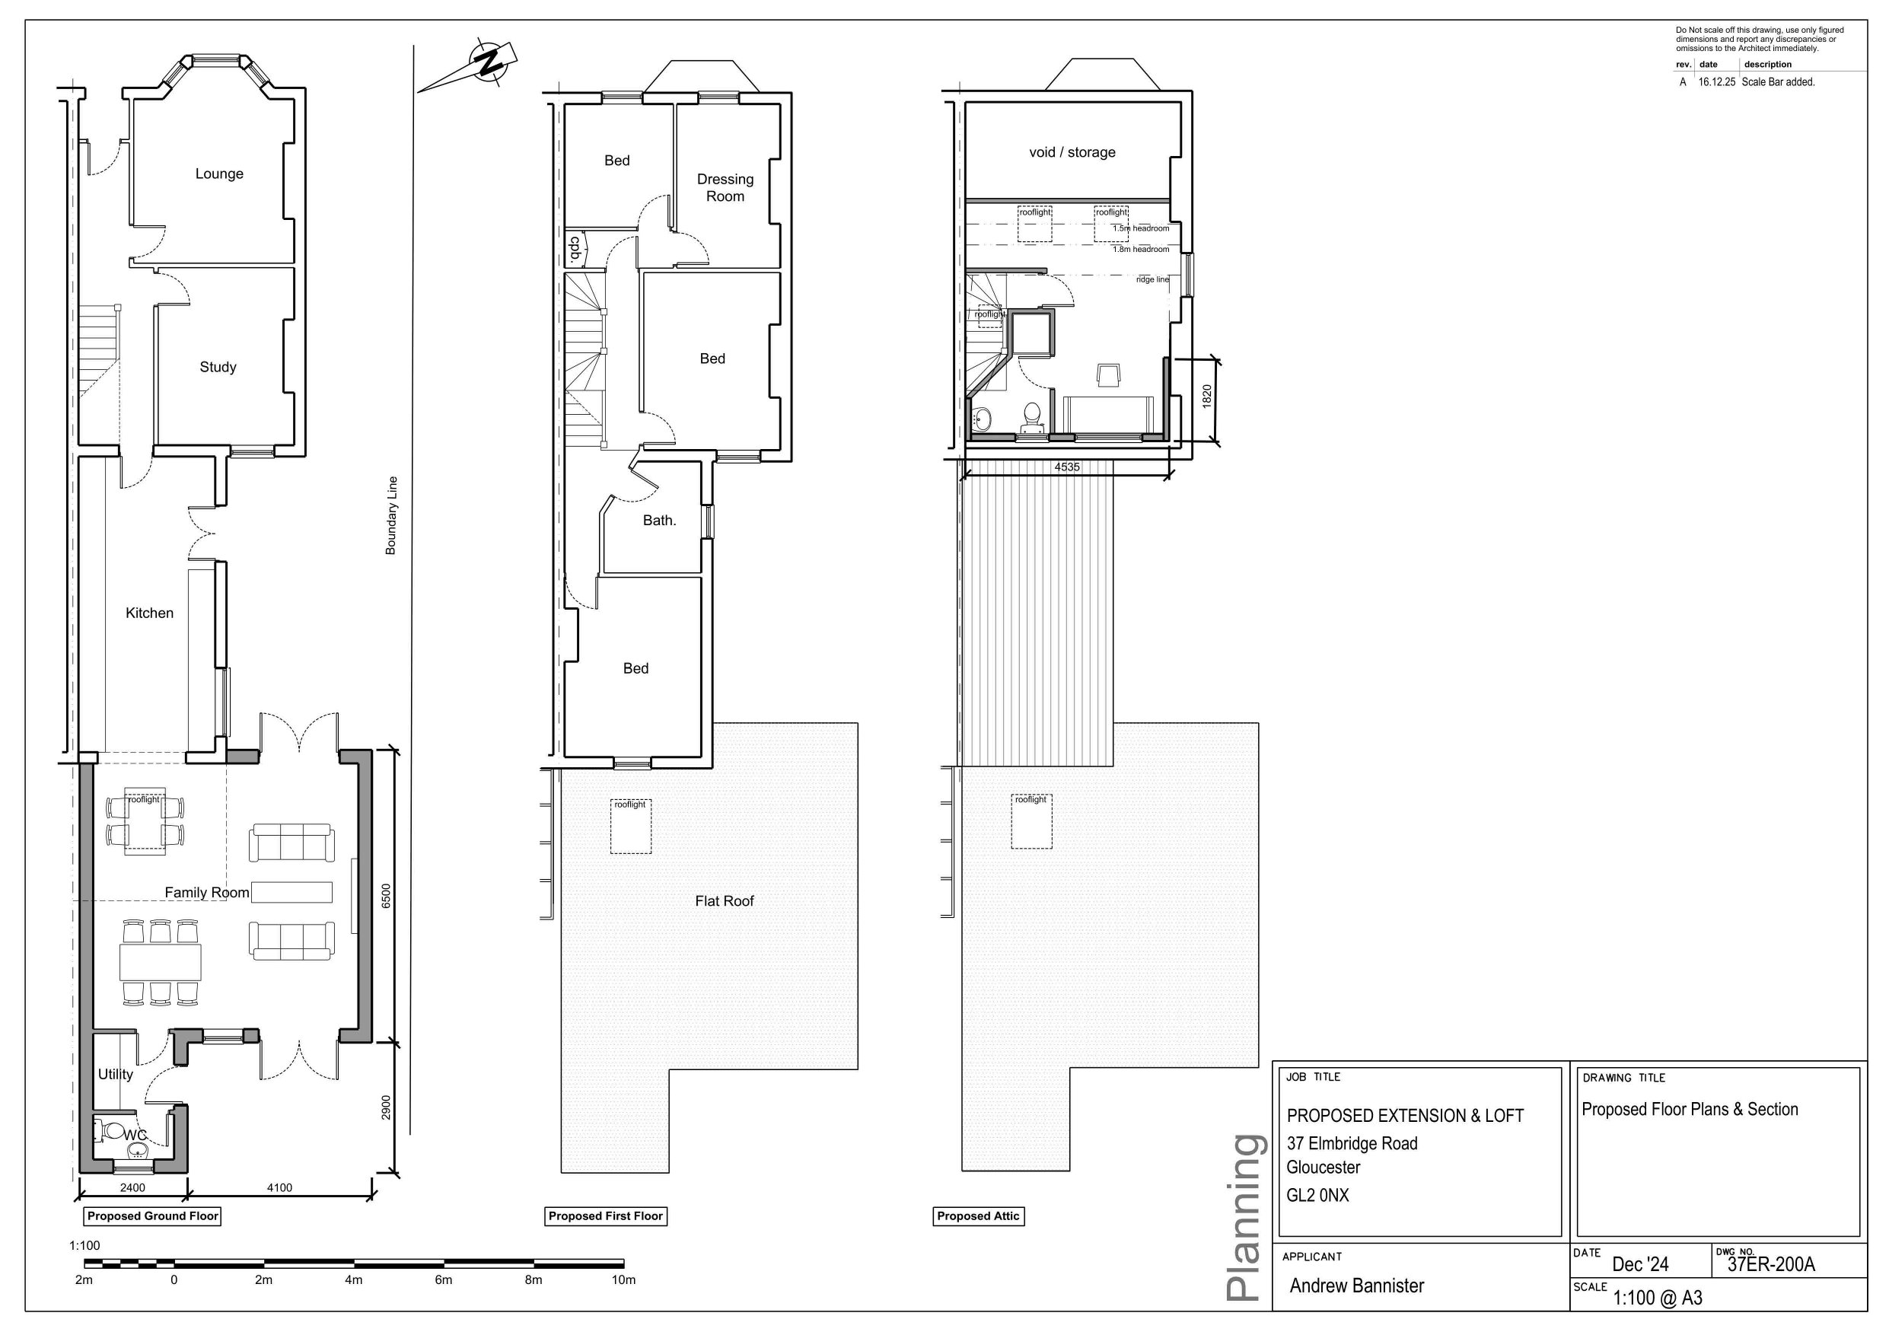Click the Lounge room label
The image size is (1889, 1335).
219,174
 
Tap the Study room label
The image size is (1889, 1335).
218,367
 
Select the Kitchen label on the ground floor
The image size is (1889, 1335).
150,613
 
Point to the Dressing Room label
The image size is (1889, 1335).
725,187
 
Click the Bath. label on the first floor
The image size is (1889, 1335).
660,520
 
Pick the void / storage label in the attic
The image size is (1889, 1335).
1072,152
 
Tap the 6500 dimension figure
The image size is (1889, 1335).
386,896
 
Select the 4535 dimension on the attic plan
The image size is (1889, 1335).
1067,467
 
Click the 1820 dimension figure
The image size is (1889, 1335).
1207,397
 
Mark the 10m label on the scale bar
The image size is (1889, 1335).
623,1280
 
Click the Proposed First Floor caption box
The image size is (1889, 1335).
606,1216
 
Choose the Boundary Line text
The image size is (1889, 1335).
392,516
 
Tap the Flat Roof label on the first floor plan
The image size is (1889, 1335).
724,900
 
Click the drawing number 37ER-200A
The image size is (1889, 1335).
1770,1264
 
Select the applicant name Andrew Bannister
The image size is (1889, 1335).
1357,1286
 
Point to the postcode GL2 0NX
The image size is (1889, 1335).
1318,1195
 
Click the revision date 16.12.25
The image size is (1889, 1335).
1716,82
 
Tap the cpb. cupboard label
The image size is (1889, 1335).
576,249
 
